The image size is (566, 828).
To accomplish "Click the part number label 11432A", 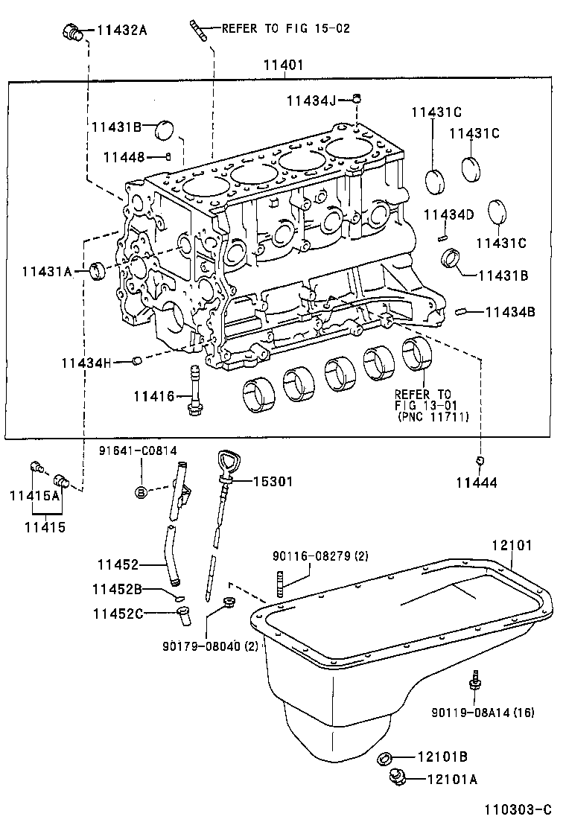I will [x=122, y=30].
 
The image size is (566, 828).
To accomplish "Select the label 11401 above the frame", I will [x=283, y=66].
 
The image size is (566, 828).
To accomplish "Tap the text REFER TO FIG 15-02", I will [x=286, y=28].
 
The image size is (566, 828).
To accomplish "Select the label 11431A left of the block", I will [x=46, y=272].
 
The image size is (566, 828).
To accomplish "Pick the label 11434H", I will [x=86, y=363].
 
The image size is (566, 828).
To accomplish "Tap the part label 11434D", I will [x=448, y=215].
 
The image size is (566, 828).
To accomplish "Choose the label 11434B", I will [x=510, y=312].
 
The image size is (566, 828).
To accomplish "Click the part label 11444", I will [x=477, y=483].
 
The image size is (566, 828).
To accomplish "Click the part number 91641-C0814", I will [x=139, y=451].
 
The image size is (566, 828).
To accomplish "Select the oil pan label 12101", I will [x=512, y=545].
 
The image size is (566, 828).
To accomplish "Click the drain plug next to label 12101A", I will [x=398, y=779].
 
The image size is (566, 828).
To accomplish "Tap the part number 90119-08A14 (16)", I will [x=483, y=713].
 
